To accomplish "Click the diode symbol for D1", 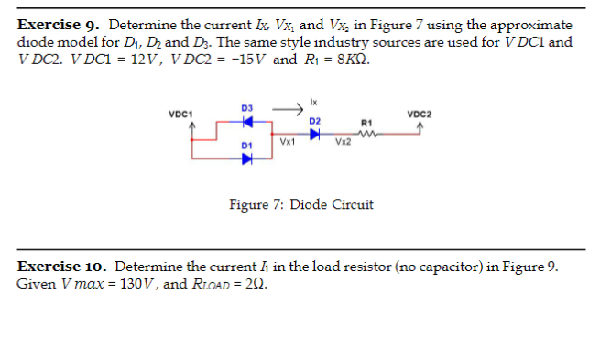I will click(246, 156).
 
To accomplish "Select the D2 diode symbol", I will click(314, 134).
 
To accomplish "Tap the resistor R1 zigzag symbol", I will click(369, 134).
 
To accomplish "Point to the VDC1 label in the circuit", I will click(180, 115).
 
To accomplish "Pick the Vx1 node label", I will click(288, 143).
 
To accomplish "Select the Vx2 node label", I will click(343, 143).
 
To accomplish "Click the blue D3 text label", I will click(246, 108).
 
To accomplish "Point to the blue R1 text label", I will click(368, 122).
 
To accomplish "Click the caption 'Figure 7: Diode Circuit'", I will click(300, 204).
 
